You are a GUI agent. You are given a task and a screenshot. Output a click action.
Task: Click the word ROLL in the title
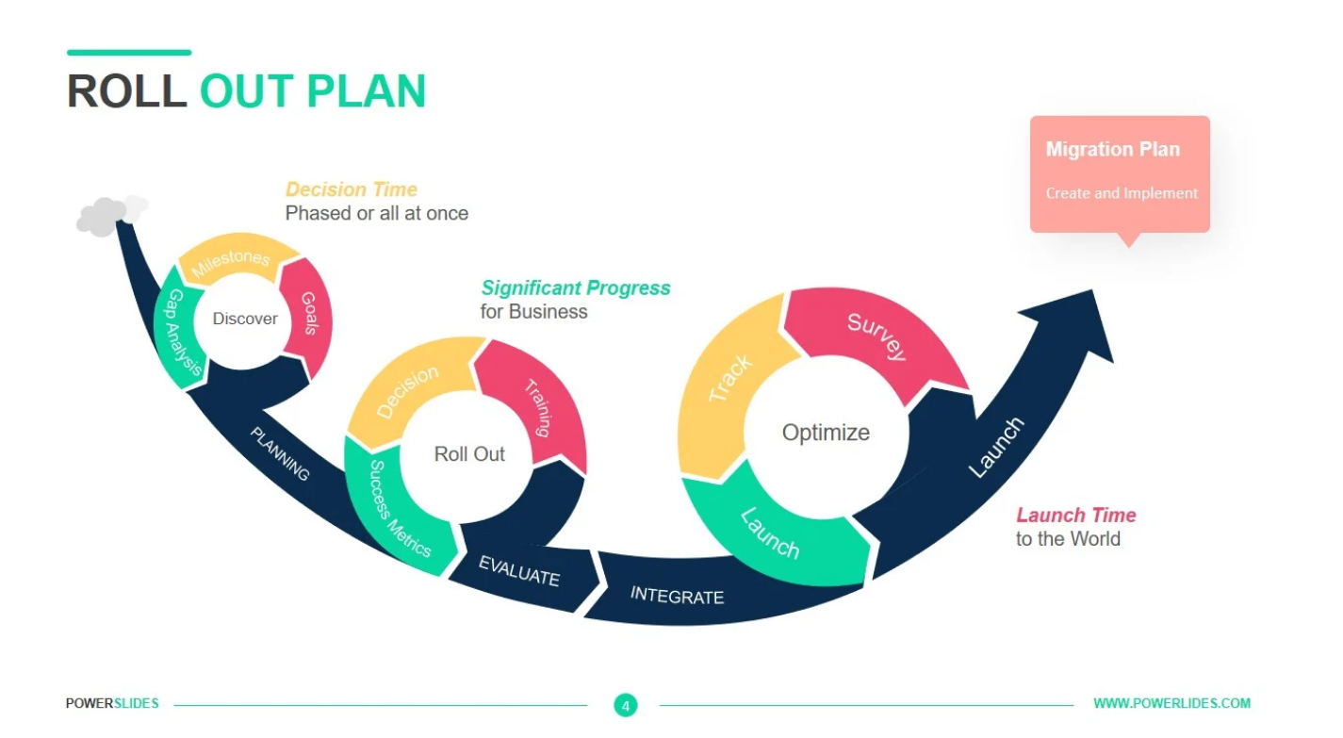point(126,91)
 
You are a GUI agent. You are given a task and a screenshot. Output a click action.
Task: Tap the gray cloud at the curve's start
point(110,214)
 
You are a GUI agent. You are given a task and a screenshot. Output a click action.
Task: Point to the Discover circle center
point(245,319)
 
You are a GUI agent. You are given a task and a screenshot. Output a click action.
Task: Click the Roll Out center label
point(469,454)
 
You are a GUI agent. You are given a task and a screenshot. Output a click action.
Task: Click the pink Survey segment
point(876,337)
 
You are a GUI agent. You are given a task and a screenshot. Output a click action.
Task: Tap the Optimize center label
point(826,433)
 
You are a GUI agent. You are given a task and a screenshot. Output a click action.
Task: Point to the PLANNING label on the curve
point(280,454)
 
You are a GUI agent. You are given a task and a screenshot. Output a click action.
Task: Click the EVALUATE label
point(519,571)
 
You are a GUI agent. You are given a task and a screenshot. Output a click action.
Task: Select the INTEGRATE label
point(677,596)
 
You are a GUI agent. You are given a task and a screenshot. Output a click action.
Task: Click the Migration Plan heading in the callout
point(1112,149)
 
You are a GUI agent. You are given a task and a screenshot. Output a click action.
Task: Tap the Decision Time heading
point(352,189)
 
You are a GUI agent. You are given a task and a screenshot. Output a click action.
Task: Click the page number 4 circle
point(625,704)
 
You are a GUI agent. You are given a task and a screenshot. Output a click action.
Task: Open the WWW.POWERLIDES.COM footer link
point(1171,703)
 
